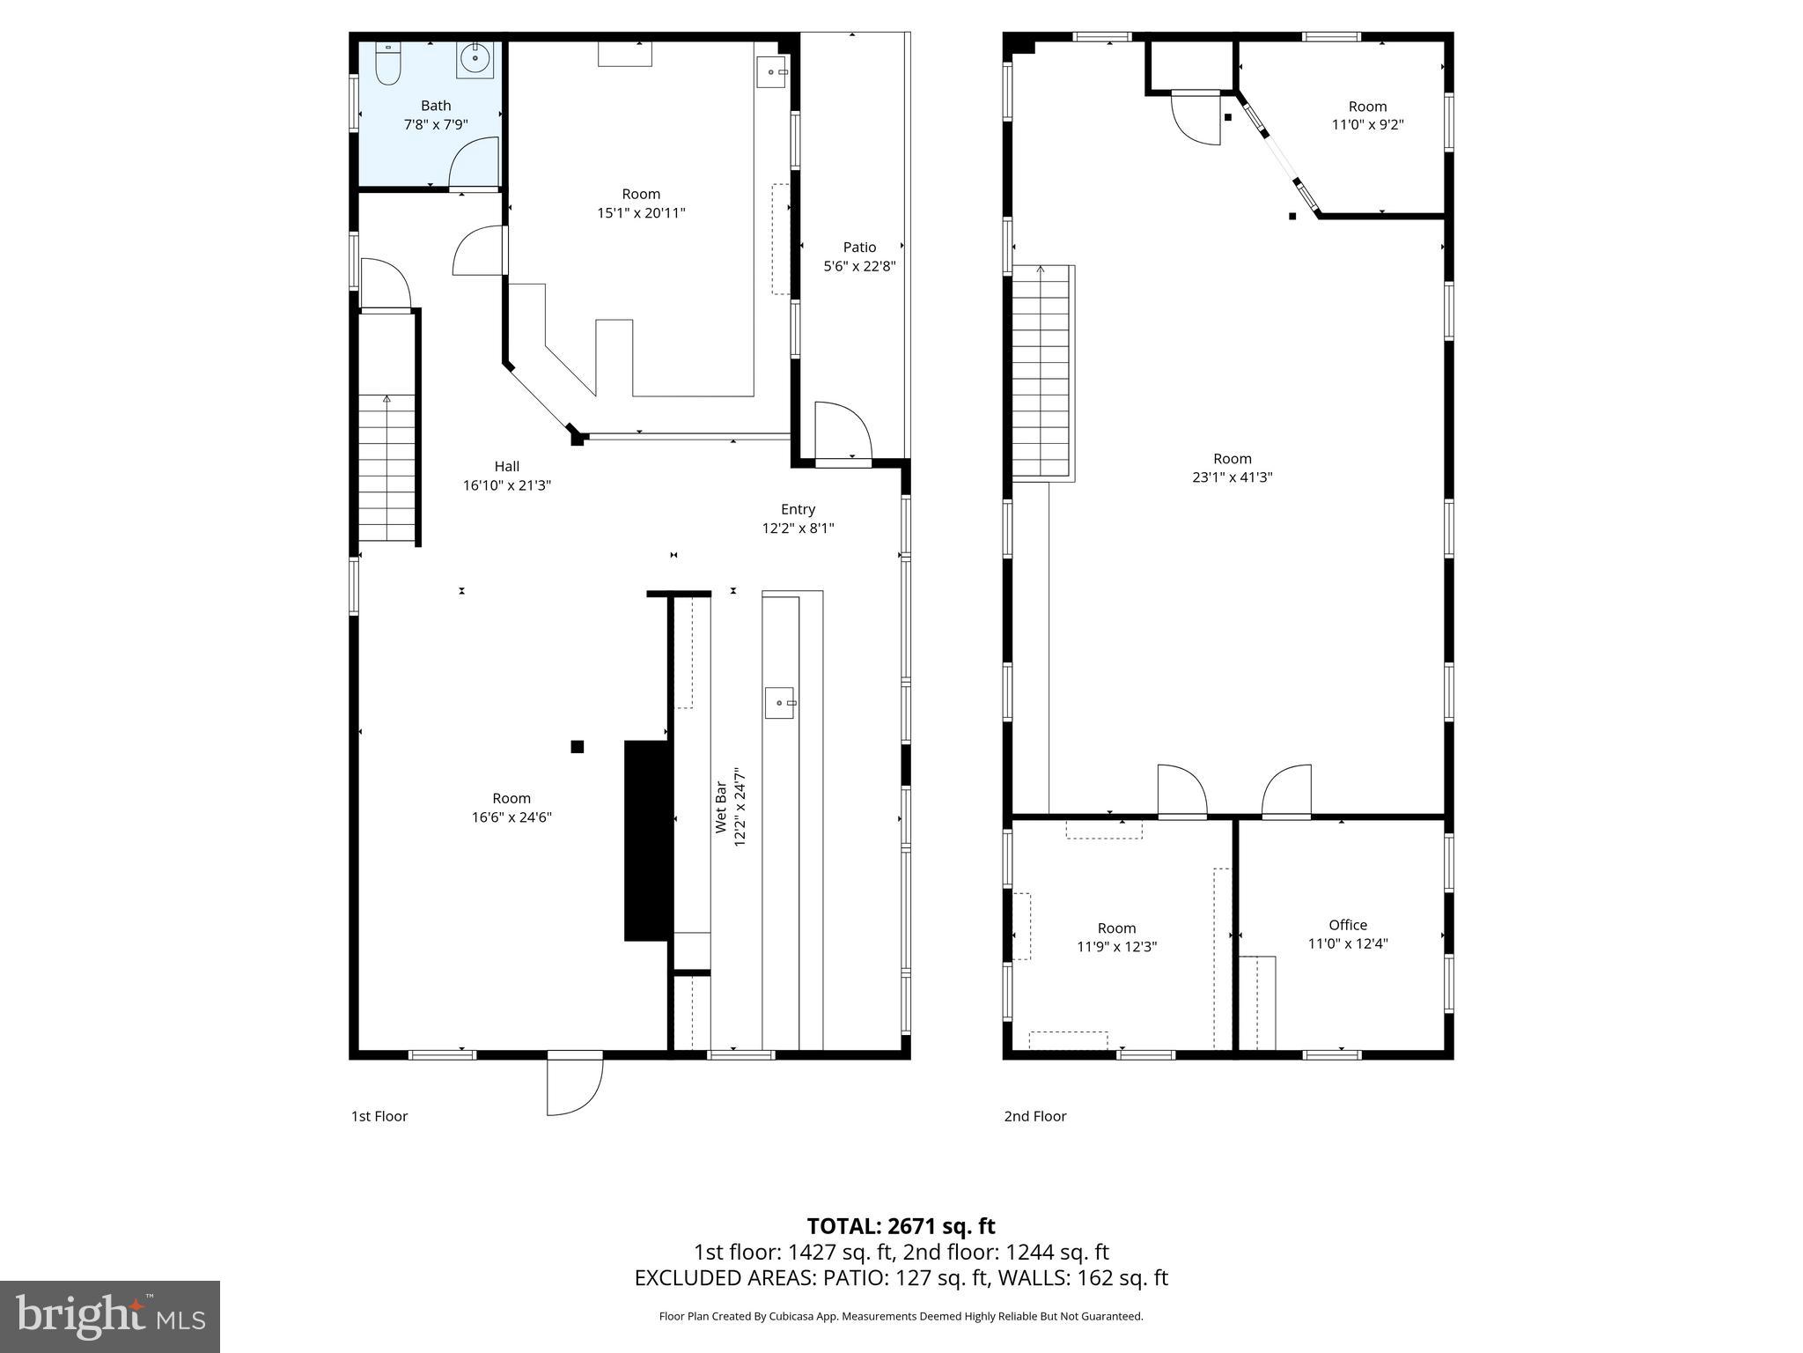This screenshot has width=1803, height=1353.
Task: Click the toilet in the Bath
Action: point(387,63)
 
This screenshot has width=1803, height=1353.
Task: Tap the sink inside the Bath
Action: point(475,60)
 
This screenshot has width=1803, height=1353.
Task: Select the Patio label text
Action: point(859,248)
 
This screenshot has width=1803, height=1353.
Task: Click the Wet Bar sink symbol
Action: point(779,703)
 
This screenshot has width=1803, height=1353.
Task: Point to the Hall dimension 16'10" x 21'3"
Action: point(507,485)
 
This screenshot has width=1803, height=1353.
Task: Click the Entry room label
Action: point(798,509)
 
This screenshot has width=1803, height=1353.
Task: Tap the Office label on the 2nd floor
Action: point(1348,925)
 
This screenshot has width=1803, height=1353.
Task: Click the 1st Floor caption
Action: point(379,1116)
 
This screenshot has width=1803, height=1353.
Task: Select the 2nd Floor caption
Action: point(1035,1116)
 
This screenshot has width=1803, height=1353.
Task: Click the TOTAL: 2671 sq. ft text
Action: point(901,1226)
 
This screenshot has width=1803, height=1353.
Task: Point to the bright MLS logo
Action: point(110,1316)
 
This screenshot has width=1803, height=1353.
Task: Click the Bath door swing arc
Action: point(475,165)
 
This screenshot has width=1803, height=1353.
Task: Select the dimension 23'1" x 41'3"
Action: point(1232,477)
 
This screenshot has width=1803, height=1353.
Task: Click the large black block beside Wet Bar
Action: point(647,840)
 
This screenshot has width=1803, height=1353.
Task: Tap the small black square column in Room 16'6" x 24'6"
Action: point(578,747)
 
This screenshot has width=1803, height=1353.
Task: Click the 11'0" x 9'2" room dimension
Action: point(1367,125)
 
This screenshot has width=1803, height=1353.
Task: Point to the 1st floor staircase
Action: point(387,467)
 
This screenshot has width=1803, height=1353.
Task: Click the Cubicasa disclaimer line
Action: point(901,1316)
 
